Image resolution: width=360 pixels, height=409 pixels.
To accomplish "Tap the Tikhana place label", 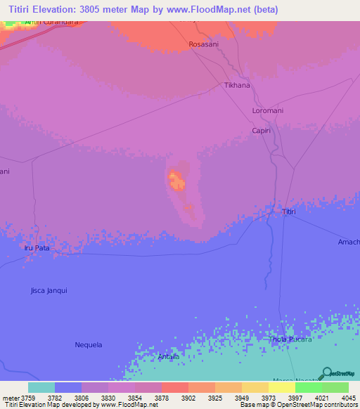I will coord(237,86).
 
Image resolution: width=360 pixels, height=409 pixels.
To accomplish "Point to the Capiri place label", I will coord(262,131).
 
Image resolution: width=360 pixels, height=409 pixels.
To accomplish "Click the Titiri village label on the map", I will coord(289,212).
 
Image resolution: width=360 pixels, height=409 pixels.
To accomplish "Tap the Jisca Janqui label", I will coord(49,290).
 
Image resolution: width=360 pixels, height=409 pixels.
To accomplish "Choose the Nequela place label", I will coord(89,344).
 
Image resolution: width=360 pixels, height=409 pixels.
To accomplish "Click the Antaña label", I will coord(169,357).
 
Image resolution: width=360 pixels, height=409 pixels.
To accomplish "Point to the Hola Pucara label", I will coord(291,339).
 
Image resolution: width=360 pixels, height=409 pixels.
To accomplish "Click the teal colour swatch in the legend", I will coord(41,387).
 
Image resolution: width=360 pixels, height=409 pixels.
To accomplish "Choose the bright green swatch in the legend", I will coord(308,387).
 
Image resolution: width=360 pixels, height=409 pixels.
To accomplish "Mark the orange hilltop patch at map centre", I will coord(176,181).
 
